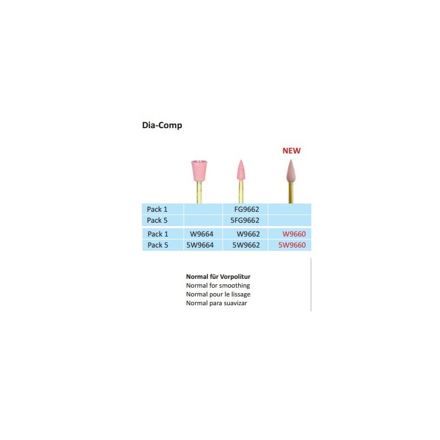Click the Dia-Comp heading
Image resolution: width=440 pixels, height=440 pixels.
[x=162, y=125]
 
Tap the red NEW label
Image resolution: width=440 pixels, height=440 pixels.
[x=291, y=151]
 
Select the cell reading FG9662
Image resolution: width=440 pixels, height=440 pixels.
[x=246, y=210]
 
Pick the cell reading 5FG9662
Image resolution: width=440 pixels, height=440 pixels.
[x=245, y=221]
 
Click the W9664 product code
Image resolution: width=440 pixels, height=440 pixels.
[x=201, y=234]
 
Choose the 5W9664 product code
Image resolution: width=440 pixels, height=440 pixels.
[x=200, y=245]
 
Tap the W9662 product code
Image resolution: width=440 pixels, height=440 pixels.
[x=248, y=234]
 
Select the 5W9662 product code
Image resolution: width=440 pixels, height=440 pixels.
[x=246, y=245]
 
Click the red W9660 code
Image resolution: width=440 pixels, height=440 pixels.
[x=294, y=234]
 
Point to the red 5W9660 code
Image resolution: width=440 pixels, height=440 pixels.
[x=292, y=245]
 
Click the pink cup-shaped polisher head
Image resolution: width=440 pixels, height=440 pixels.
[x=199, y=170]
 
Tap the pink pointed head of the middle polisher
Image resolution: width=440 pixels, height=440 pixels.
[x=240, y=170]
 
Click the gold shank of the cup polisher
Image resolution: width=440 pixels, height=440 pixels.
[x=199, y=193]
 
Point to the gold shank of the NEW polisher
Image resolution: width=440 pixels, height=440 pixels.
[x=291, y=193]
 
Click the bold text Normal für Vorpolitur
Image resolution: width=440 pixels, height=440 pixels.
[x=218, y=277]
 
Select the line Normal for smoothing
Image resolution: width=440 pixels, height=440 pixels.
[x=218, y=285]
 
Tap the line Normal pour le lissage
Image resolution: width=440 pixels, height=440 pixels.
[x=218, y=294]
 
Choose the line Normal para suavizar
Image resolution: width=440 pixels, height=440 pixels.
[x=216, y=303]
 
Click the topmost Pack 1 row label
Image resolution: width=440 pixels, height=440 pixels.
[x=157, y=210]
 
